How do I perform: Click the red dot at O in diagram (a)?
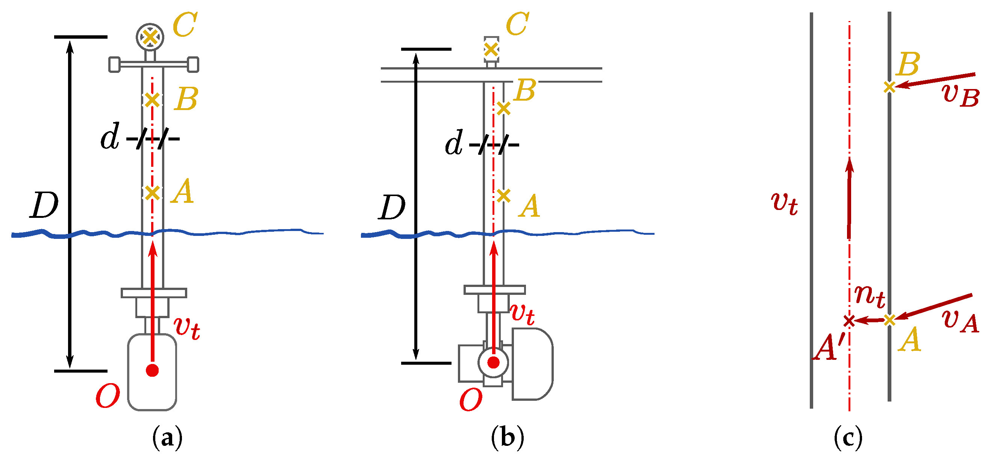pos(152,370)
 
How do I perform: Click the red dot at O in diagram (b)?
pos(493,362)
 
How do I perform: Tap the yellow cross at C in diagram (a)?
pos(150,37)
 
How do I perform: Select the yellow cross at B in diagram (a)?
pos(152,100)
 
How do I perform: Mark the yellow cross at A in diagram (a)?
pos(152,193)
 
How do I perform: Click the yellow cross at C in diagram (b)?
pos(491,49)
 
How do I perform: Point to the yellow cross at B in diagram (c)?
pos(889,87)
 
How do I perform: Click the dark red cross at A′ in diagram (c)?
pos(849,321)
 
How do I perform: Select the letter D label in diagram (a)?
pos(44,205)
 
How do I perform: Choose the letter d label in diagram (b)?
pos(454,143)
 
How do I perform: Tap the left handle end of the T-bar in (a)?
pos(114,65)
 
